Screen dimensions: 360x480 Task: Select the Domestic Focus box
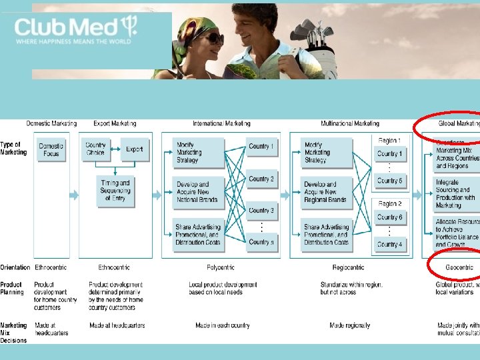click(x=51, y=150)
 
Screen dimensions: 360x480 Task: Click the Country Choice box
click(x=95, y=149)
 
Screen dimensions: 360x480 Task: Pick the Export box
click(x=135, y=149)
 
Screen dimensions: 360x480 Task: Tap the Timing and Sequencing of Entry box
click(x=115, y=190)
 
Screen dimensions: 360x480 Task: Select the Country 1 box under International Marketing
click(x=261, y=147)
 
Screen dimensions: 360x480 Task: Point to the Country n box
click(x=261, y=242)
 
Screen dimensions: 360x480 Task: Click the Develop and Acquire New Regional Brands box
click(x=325, y=192)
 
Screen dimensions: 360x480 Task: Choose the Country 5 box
click(x=389, y=181)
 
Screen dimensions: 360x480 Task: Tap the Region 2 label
click(x=390, y=204)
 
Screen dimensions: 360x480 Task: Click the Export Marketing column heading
click(x=115, y=123)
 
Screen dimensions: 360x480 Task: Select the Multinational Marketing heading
click(x=349, y=123)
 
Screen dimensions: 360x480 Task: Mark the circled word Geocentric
click(x=459, y=267)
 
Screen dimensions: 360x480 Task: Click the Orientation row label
click(x=15, y=267)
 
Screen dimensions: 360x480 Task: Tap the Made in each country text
click(x=223, y=325)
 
